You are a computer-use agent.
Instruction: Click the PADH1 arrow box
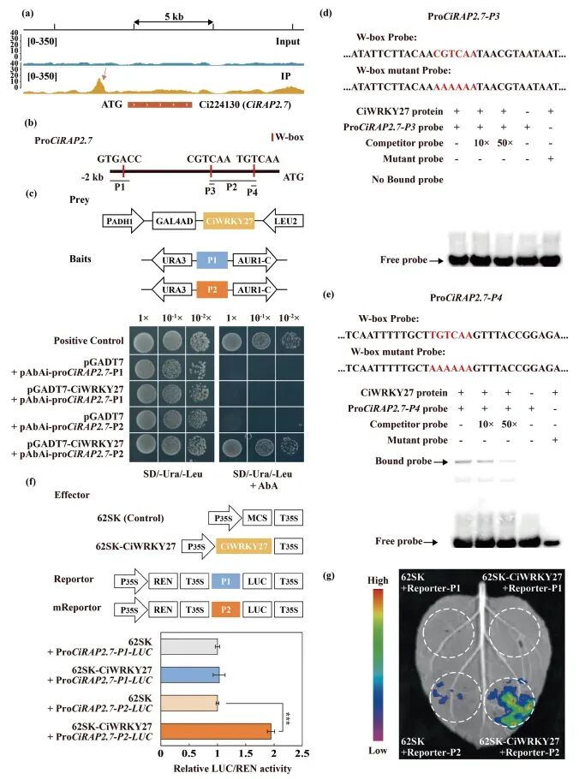click(121, 220)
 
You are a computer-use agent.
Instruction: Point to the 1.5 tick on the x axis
click(246, 753)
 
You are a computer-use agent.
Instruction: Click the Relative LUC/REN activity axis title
click(231, 768)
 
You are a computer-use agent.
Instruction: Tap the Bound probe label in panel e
click(401, 461)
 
